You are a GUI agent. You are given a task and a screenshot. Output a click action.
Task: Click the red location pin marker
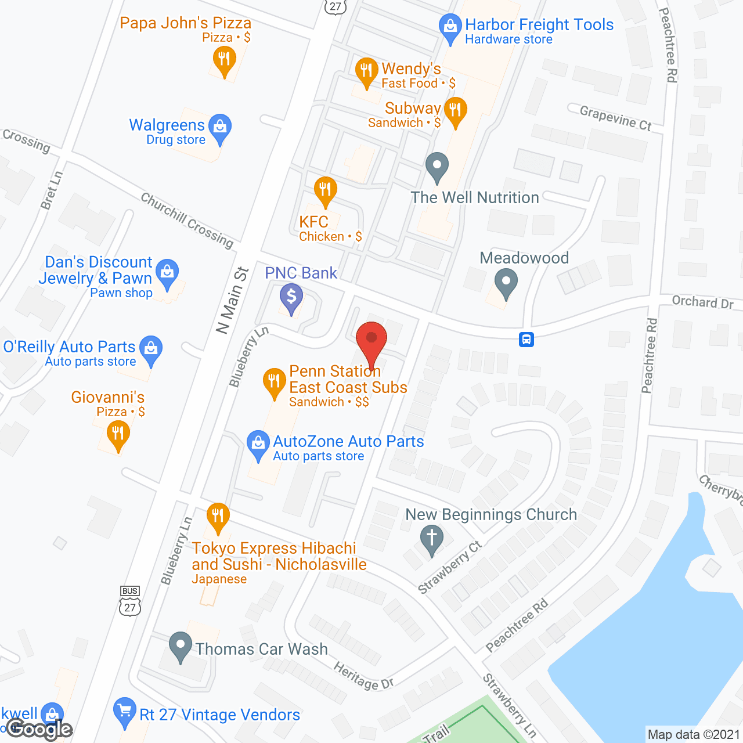point(371,340)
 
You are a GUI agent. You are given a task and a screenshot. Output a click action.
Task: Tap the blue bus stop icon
point(526,339)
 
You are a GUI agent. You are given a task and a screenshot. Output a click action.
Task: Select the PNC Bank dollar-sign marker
point(291,298)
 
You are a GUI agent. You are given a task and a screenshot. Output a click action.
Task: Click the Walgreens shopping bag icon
point(220,127)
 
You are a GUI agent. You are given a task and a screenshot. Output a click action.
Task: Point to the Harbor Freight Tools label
point(539,25)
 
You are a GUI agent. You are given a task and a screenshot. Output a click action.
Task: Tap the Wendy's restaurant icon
point(366,71)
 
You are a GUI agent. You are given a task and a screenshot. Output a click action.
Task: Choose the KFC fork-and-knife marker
point(325,190)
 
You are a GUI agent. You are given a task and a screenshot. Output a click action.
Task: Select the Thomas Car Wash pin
point(181,645)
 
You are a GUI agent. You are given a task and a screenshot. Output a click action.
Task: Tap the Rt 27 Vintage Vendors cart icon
point(125,711)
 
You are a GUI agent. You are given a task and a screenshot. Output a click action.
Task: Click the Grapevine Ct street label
point(615,118)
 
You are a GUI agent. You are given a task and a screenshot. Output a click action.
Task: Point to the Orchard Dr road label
point(702,302)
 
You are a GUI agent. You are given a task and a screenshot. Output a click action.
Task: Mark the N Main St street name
point(232,301)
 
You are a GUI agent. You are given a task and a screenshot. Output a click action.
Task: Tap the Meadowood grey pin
point(506,282)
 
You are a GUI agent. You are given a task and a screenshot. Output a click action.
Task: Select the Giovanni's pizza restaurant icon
point(118,434)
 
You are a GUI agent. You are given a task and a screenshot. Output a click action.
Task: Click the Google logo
point(39,730)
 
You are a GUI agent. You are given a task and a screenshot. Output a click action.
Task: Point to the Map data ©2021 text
point(694,735)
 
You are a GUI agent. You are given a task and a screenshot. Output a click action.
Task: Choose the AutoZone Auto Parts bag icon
point(258,443)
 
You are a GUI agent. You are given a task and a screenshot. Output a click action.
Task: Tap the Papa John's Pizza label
point(186,23)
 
